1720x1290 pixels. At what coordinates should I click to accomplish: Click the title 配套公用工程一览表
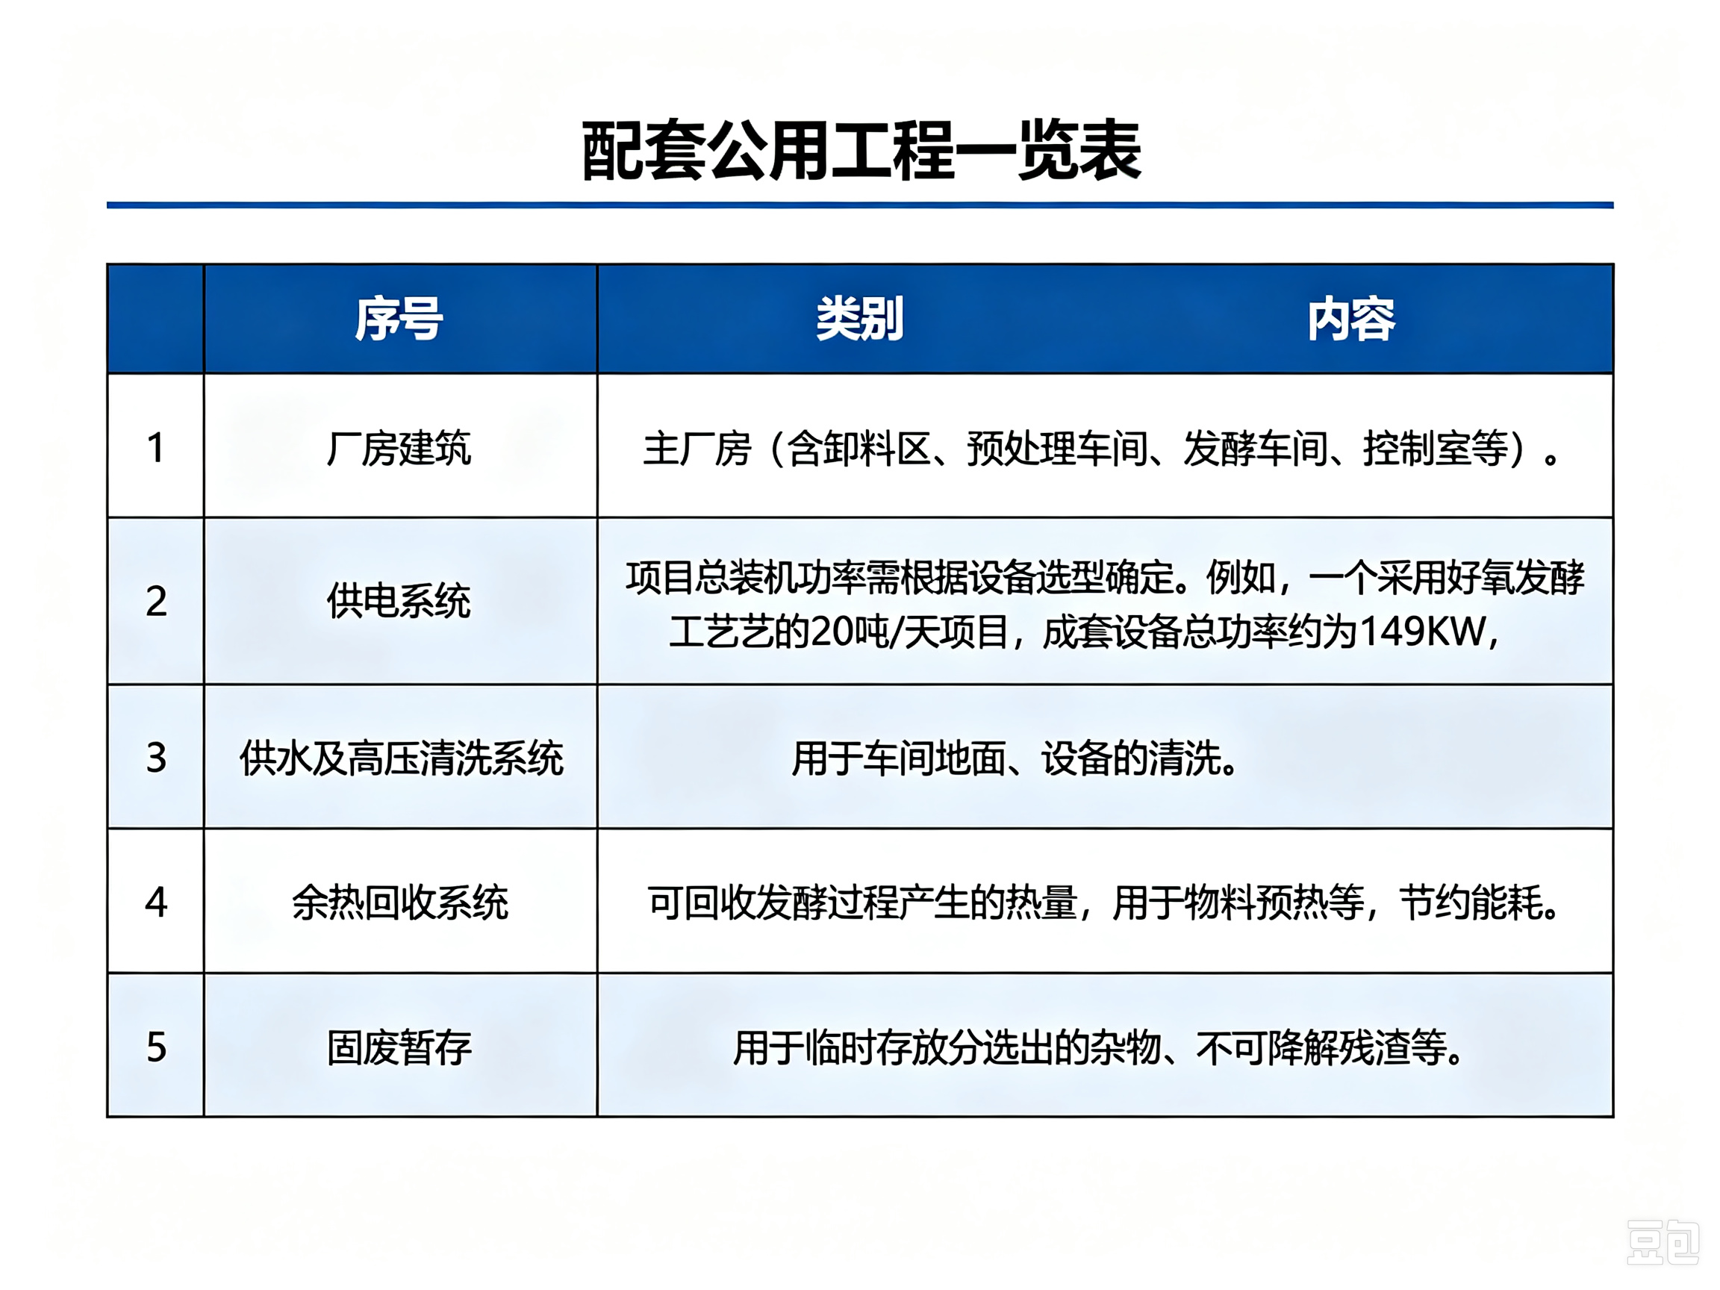861,151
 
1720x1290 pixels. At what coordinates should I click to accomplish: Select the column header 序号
399,319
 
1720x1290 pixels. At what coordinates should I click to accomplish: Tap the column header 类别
859,319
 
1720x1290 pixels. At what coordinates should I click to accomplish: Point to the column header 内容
1351,319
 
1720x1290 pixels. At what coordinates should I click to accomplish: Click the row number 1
155,448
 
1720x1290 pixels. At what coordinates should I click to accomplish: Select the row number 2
156,601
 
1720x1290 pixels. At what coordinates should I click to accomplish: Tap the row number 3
156,758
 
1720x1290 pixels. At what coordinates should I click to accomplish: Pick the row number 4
156,902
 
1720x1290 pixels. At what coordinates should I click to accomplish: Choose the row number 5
156,1047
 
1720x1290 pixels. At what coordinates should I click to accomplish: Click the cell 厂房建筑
399,448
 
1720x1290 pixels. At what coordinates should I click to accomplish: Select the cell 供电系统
399,601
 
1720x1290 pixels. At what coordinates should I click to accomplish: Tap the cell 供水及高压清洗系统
401,758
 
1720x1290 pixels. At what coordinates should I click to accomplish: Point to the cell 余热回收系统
399,903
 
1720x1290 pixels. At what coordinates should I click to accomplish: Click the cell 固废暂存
399,1047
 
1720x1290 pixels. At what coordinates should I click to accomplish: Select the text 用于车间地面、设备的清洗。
1014,758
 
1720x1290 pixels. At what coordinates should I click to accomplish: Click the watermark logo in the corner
1663,1241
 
